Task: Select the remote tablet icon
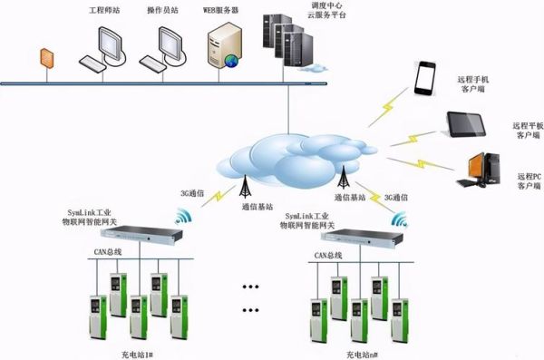point(468,124)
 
